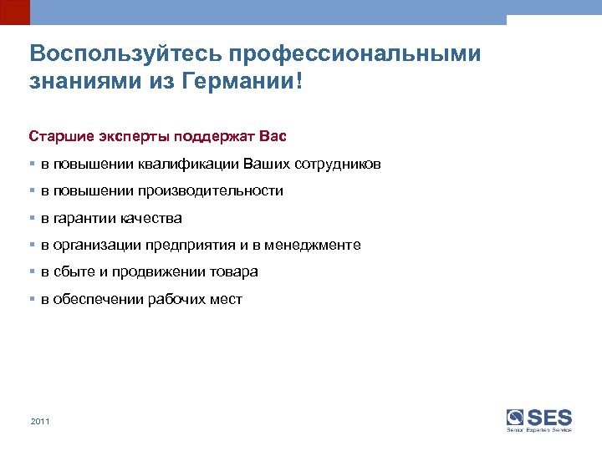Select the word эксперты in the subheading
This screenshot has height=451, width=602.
click(129, 134)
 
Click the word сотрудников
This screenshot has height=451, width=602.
click(334, 165)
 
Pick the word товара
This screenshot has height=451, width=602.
click(235, 271)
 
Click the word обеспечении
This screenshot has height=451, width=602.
click(98, 299)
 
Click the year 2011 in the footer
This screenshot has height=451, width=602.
click(40, 422)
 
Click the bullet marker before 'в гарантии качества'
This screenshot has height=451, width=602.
click(32, 218)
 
